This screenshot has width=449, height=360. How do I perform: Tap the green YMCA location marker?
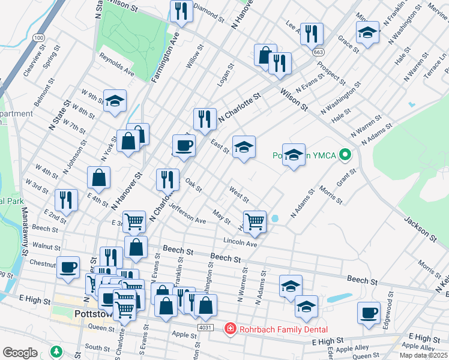click(x=345, y=155)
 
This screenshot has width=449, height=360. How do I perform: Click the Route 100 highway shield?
click(x=39, y=37)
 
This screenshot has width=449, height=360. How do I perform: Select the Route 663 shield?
click(x=319, y=52)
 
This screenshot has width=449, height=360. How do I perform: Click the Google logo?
click(x=20, y=353)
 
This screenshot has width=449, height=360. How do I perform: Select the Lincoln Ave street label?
click(x=240, y=243)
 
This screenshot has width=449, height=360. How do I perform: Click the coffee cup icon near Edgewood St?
click(x=368, y=312)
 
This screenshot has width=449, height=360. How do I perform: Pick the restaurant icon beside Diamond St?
click(x=181, y=10)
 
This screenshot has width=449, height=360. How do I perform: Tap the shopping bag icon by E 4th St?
click(x=98, y=177)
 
